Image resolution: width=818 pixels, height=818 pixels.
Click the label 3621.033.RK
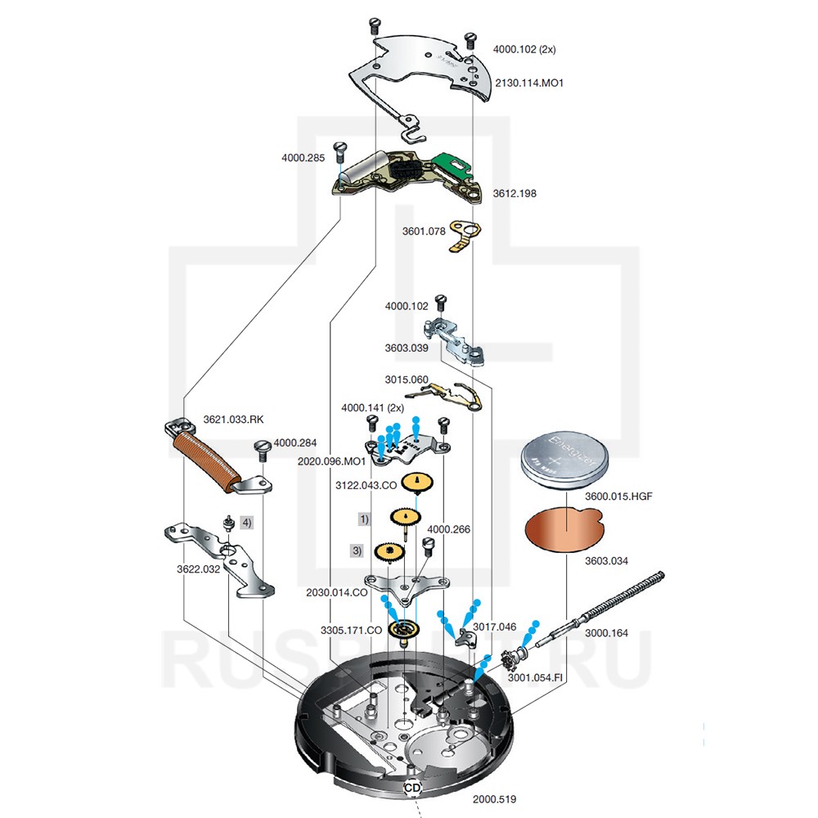tap(233, 420)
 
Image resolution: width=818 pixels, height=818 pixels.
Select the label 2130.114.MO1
tap(529, 83)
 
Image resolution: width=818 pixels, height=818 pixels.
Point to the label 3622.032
tap(200, 569)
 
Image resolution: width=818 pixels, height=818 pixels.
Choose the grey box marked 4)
tap(246, 521)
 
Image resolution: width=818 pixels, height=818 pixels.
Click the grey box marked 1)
tap(364, 519)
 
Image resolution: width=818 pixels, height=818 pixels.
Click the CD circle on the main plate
tap(412, 787)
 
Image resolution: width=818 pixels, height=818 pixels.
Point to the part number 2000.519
tap(495, 798)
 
